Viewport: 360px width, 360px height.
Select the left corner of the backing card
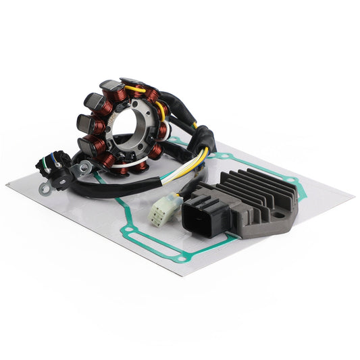pyautogui.click(x=8, y=184)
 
